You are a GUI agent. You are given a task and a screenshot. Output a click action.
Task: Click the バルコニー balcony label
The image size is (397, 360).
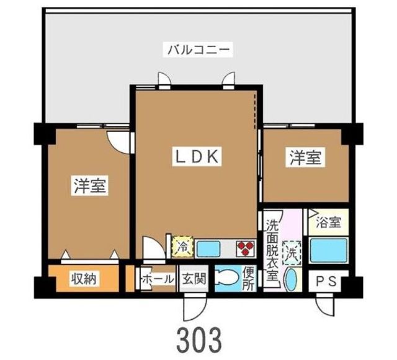pyautogui.click(x=198, y=48)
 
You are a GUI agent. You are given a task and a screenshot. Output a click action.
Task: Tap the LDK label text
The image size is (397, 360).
pyautogui.click(x=196, y=157)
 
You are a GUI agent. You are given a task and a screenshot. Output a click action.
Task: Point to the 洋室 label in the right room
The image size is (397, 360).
pyautogui.click(x=305, y=157)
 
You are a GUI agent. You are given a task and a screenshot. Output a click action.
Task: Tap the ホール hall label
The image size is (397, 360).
pyautogui.click(x=158, y=279)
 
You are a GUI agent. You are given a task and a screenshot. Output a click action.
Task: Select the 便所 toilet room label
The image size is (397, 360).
pyautogui.click(x=249, y=278)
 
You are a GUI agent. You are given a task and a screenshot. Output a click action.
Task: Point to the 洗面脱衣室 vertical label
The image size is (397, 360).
pyautogui.click(x=272, y=250)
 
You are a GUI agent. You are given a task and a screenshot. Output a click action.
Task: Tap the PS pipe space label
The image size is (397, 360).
pyautogui.click(x=326, y=280)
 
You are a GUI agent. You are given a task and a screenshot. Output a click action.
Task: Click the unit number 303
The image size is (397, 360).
pyautogui.click(x=198, y=338)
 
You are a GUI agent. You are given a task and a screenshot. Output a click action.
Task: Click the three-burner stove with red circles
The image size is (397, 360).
pyautogui.click(x=245, y=248)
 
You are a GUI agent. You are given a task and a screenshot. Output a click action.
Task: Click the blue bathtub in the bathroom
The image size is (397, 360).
pyautogui.click(x=327, y=252)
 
